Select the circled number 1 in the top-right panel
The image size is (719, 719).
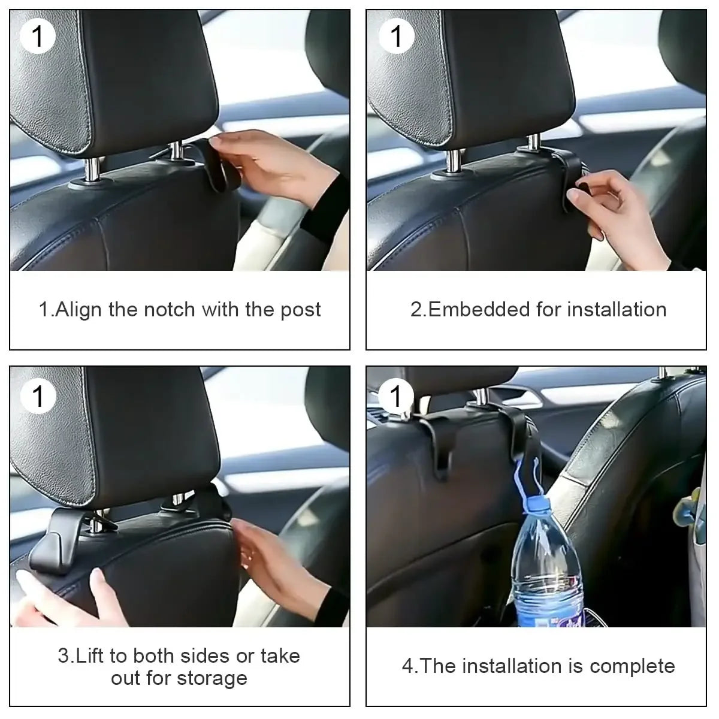pyautogui.click(x=396, y=37)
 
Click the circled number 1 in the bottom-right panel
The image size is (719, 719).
pyautogui.click(x=396, y=396)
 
